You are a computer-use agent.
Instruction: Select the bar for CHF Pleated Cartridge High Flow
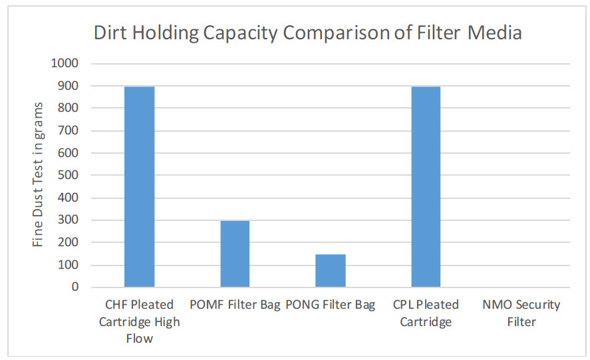(140, 187)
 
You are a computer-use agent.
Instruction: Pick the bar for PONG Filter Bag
(331, 271)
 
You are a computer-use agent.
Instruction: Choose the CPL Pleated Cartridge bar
(426, 187)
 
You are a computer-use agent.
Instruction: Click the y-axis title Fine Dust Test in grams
(39, 174)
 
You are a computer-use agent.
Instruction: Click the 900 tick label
(69, 86)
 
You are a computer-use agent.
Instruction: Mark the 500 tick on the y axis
(69, 176)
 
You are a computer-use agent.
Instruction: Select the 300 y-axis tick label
(69, 220)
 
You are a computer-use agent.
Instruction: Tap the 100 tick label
(69, 265)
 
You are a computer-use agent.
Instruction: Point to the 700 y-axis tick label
(69, 130)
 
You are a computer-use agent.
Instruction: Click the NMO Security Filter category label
(521, 313)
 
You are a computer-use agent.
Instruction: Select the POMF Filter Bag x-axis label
(235, 305)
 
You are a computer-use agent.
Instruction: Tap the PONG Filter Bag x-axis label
(331, 305)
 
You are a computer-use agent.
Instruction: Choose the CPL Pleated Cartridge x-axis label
(426, 313)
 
